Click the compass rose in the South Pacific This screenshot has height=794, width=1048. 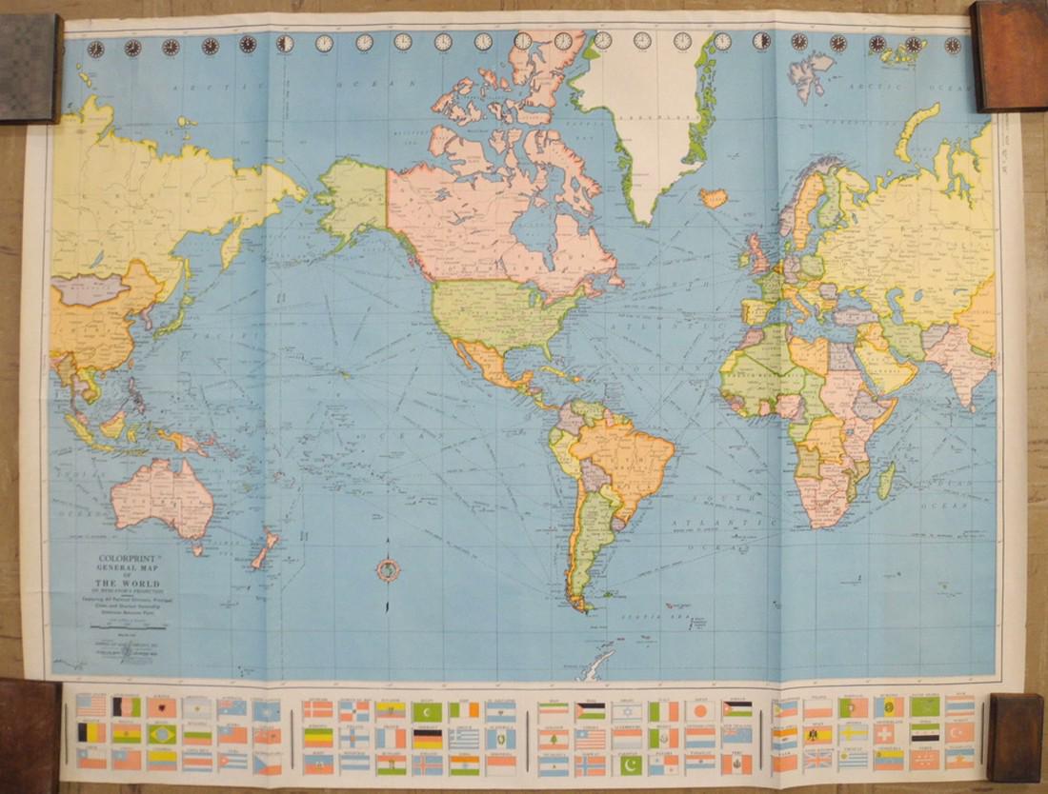pyautogui.click(x=388, y=570)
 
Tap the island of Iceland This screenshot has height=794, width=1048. pyautogui.click(x=714, y=197)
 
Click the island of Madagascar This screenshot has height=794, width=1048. pyautogui.click(x=887, y=480)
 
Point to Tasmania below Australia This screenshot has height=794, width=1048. pyautogui.click(x=197, y=548)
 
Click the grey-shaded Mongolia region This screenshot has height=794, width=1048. pyautogui.click(x=91, y=288)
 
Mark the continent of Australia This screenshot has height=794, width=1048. pyautogui.click(x=162, y=495)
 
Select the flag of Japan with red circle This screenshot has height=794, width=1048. pyautogui.click(x=700, y=710)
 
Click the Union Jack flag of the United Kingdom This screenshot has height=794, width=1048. pyautogui.click(x=817, y=760)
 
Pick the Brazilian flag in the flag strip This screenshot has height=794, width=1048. pyautogui.click(x=162, y=734)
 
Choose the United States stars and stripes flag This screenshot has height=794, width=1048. pyautogui.click(x=91, y=705)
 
